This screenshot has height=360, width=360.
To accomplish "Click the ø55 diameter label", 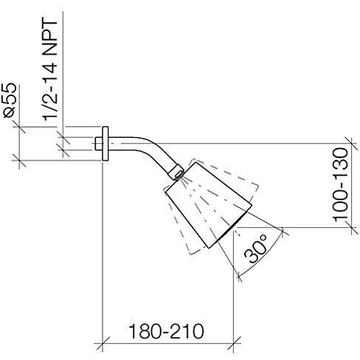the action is (10, 100).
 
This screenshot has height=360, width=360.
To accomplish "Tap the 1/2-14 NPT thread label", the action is (49, 69).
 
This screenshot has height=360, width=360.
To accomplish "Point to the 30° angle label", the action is (256, 249).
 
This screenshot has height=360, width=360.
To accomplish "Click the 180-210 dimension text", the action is (166, 331).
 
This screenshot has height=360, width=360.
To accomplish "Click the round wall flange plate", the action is (105, 144).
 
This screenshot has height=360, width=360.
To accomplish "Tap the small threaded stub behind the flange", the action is (98, 144).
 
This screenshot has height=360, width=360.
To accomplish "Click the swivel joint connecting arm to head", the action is (176, 172).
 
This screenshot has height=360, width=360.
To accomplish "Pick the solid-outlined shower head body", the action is (209, 205).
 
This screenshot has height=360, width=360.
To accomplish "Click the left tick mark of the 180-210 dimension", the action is (102, 343).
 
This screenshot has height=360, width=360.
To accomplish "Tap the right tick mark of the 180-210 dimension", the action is (233, 343).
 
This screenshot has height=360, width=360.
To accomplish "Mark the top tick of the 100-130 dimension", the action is (352, 143).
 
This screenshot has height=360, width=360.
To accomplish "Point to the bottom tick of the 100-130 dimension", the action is (352, 227).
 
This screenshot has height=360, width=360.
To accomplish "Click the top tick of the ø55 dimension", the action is (19, 127).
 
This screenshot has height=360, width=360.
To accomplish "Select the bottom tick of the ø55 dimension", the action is (19, 161).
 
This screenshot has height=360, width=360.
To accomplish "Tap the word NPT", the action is (49, 37).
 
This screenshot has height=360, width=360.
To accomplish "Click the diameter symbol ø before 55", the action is (10, 112).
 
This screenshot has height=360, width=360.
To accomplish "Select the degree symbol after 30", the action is (263, 238).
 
